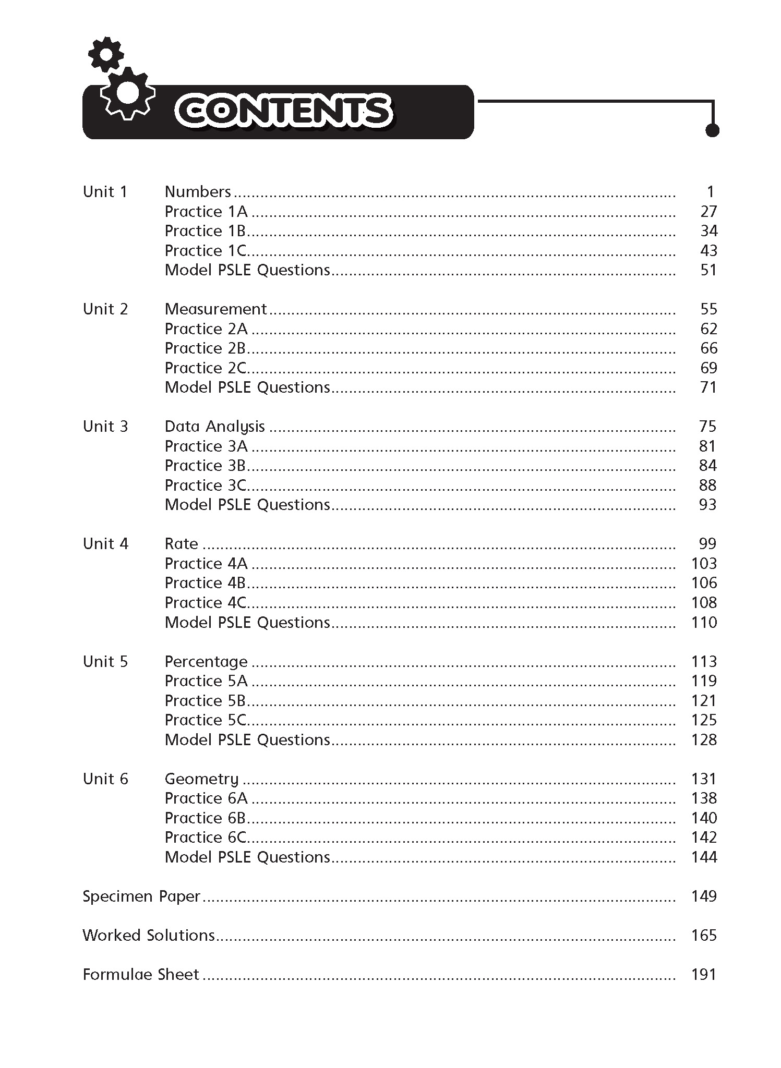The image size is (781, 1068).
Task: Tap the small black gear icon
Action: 106,54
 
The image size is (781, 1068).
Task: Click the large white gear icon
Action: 128,93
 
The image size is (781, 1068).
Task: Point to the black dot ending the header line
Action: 712,130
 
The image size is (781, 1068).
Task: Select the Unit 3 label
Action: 105,427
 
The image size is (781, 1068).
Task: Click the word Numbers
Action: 198,192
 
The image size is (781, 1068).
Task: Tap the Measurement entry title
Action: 215,309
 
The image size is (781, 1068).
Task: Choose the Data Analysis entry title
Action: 215,427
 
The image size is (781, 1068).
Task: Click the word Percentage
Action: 206,662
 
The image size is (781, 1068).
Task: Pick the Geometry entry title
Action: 201,779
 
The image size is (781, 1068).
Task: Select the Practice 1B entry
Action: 205,231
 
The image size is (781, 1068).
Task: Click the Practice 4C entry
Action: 205,603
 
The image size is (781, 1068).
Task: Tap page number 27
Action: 708,212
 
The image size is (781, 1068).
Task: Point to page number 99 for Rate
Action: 707,544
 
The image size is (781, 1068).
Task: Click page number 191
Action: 704,975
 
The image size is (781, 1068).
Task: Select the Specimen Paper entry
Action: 141,896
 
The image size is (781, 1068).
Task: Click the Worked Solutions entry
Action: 149,936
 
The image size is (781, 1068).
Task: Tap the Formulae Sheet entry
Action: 141,975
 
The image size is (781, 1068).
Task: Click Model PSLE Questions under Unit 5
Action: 247,740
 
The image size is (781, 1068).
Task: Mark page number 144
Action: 704,857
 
